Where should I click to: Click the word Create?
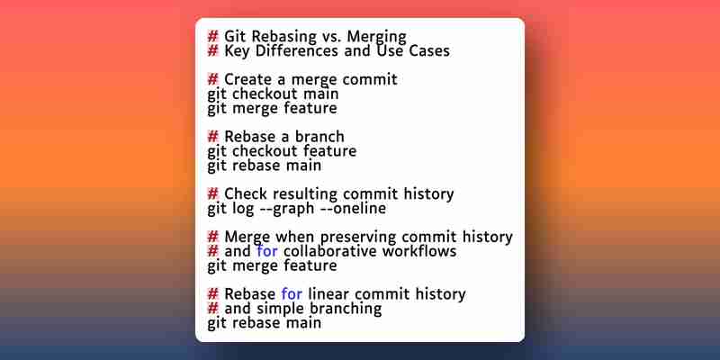[x=248, y=79]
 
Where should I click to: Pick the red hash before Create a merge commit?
[x=212, y=79]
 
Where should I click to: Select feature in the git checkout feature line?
[x=329, y=150]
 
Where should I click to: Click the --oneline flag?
[x=355, y=208]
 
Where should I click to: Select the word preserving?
[x=357, y=237]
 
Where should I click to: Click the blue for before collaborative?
[x=267, y=251]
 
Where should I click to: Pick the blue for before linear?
[x=292, y=293]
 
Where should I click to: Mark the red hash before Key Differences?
[x=212, y=50]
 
